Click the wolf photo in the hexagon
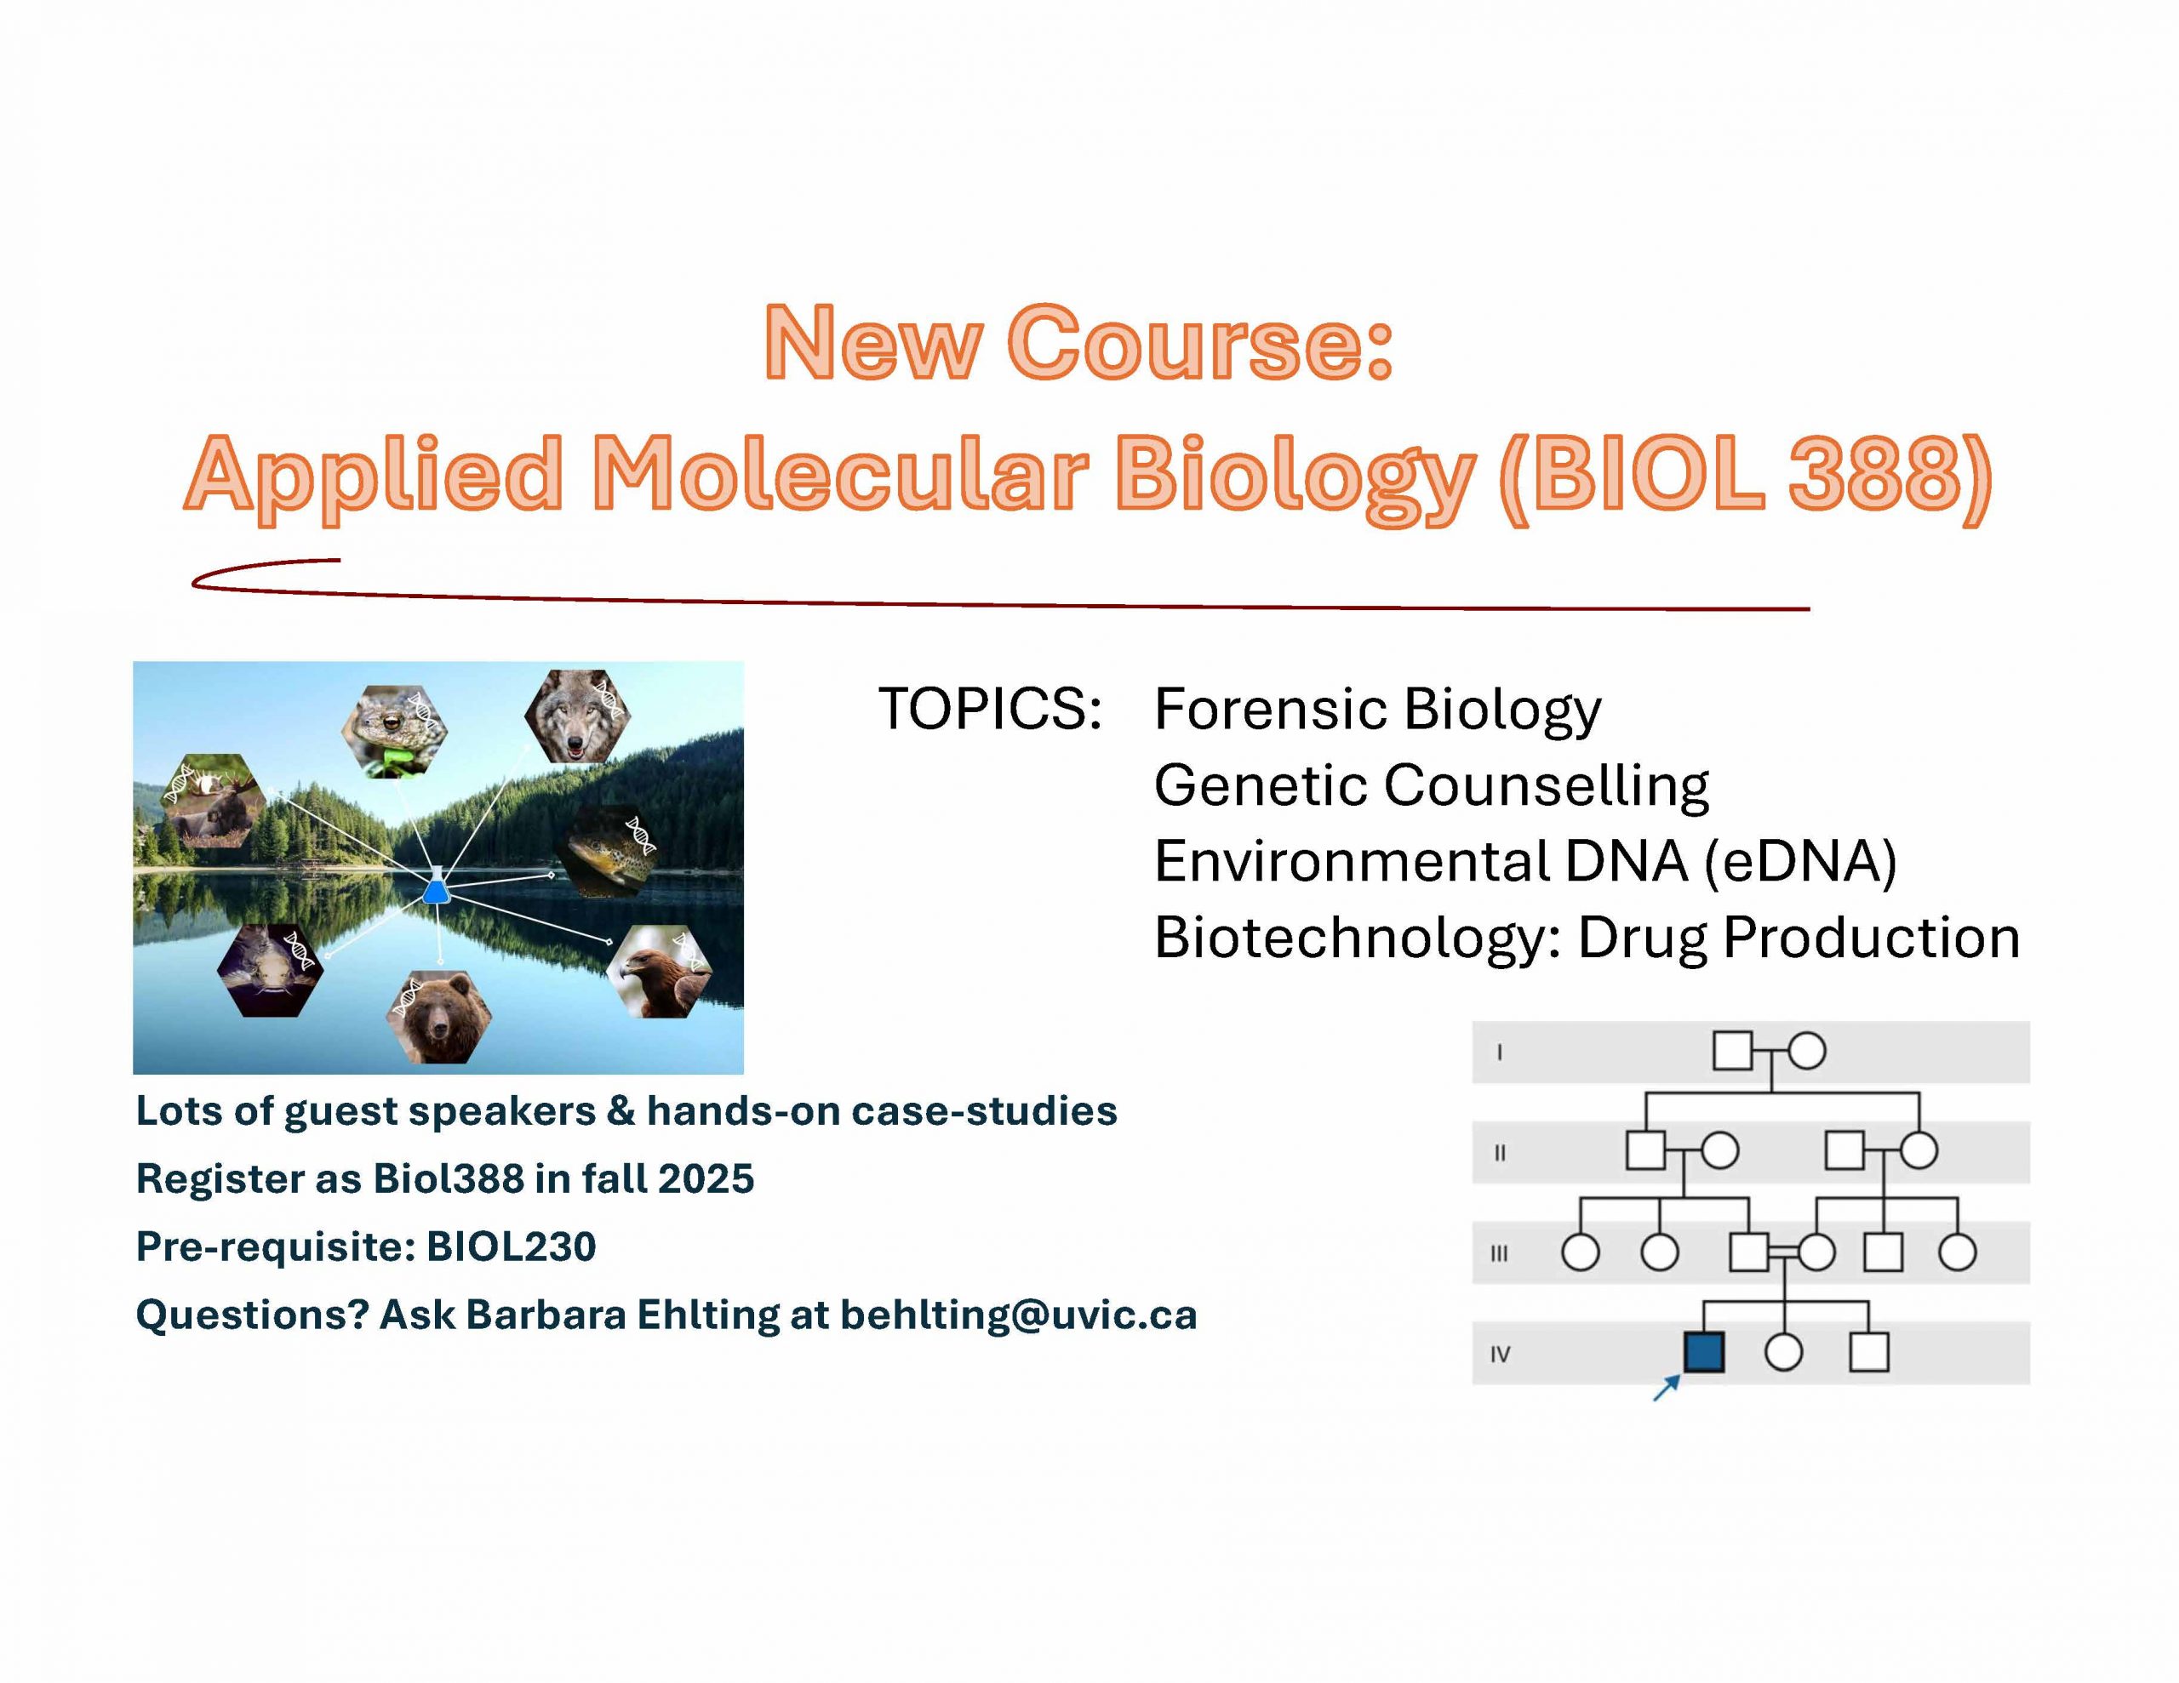(x=577, y=716)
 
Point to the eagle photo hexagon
(x=660, y=971)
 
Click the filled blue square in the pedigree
(x=1704, y=1353)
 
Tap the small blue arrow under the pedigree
(x=1667, y=1388)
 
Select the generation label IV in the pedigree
(x=1500, y=1354)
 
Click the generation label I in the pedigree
(x=1500, y=1052)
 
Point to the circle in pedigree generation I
(x=1807, y=1051)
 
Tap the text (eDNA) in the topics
(x=1800, y=861)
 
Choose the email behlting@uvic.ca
(x=1019, y=1314)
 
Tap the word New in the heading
(x=872, y=342)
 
